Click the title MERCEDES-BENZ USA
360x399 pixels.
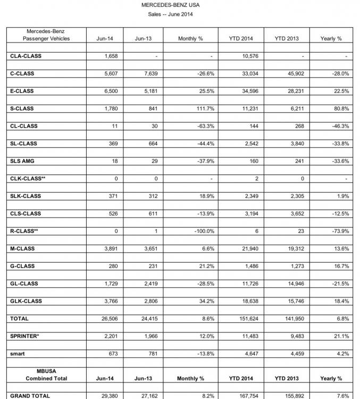[x=170, y=5]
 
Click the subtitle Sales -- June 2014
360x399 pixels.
[x=170, y=14]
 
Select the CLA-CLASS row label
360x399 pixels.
[x=26, y=56]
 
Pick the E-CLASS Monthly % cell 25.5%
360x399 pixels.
[x=205, y=91]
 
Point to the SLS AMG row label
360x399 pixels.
[x=22, y=161]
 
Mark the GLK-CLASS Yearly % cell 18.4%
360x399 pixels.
[x=342, y=302]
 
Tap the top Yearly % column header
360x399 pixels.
[x=331, y=39]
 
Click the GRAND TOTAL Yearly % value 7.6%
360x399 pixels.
[x=343, y=396]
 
